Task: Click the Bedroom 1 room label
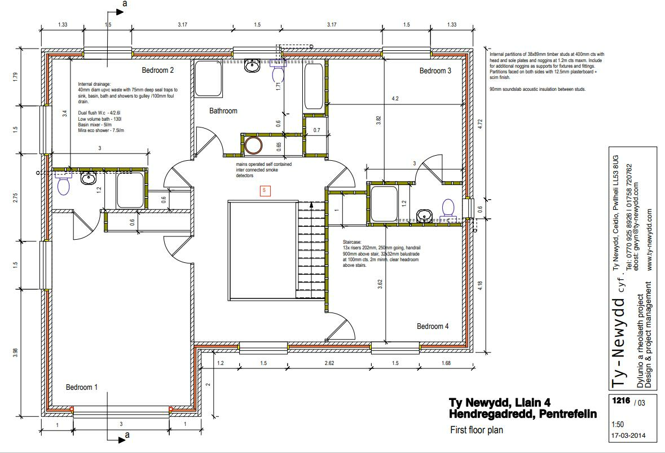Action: point(82,387)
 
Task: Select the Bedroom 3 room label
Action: point(435,71)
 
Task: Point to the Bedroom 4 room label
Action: point(433,326)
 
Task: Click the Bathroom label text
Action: point(223,111)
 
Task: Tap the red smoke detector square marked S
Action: point(265,191)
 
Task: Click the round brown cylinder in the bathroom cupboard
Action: point(253,146)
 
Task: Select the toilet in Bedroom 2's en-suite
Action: point(63,184)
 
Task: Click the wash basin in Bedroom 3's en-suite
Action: point(425,214)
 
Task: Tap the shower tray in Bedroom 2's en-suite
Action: point(130,190)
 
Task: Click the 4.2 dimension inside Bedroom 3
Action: point(395,99)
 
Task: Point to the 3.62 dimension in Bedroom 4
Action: point(380,284)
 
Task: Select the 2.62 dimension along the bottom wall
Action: point(329,364)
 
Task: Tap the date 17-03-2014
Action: point(628,436)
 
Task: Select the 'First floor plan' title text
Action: point(476,430)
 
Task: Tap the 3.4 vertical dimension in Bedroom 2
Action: point(65,113)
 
